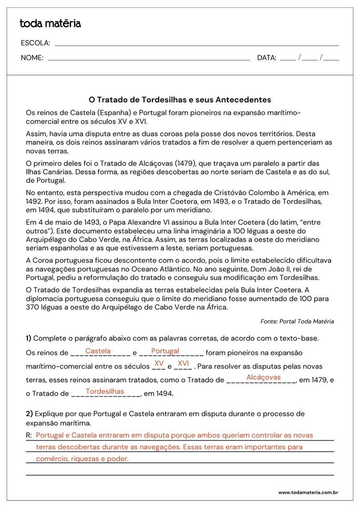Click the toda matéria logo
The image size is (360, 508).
[50, 23]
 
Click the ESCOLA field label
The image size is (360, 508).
[36, 43]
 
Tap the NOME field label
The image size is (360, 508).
[32, 58]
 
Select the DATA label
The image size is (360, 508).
[266, 58]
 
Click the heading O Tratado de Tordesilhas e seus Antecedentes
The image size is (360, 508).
[180, 99]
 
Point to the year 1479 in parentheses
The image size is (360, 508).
[188, 163]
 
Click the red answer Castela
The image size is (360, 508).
[98, 350]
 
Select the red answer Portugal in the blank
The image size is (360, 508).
[165, 350]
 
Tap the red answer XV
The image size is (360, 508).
[159, 363]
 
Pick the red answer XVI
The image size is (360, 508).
[183, 363]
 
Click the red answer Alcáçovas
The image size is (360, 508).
[263, 377]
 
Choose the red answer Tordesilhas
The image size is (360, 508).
[105, 391]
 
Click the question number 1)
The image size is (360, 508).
[28, 338]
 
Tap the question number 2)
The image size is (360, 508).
[29, 413]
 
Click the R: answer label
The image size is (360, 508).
[29, 435]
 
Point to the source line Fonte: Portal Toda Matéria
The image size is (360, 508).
[297, 321]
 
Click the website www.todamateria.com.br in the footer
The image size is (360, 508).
[307, 492]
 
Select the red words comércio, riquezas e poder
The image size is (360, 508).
[82, 459]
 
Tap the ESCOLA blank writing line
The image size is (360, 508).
[197, 46]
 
